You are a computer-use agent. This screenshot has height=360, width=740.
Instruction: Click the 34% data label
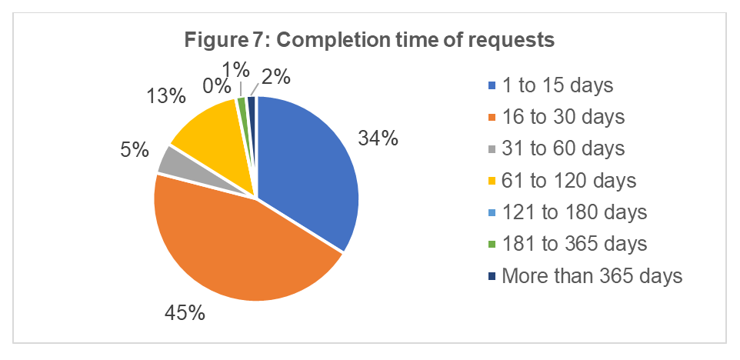pyautogui.click(x=378, y=138)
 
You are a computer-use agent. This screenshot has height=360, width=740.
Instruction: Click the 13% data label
pyautogui.click(x=166, y=96)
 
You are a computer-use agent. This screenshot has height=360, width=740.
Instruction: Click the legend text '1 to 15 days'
pyautogui.click(x=557, y=85)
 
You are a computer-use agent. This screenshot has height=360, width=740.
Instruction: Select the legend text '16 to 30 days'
pyautogui.click(x=562, y=117)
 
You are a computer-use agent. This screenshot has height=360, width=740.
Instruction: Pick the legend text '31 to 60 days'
pyautogui.click(x=562, y=148)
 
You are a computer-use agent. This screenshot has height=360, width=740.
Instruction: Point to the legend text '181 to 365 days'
pyautogui.click(x=574, y=244)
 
